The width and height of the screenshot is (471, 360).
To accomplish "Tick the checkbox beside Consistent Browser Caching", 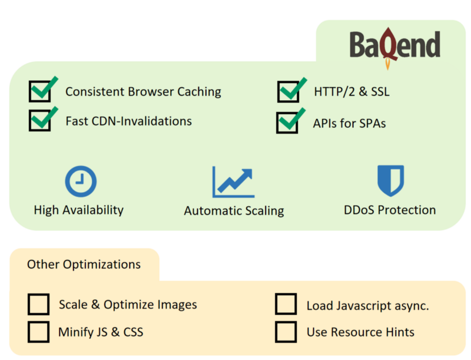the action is click(x=40, y=91).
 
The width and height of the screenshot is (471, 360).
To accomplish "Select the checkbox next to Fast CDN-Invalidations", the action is click(x=39, y=121).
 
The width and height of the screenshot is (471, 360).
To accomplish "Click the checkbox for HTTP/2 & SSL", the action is click(x=288, y=92).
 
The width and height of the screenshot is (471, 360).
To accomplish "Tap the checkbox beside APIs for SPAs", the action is click(x=287, y=123).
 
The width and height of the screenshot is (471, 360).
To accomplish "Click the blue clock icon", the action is click(x=81, y=181).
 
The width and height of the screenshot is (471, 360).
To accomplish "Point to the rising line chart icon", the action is click(x=233, y=182).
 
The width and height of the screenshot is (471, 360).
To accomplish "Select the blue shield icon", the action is click(x=390, y=181).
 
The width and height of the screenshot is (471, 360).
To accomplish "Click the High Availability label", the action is click(x=79, y=210).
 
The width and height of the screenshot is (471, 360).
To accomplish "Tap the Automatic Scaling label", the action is click(x=234, y=211).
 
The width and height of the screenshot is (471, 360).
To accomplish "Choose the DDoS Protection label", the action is click(x=390, y=210).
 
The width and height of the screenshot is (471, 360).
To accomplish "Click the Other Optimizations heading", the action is click(x=84, y=265).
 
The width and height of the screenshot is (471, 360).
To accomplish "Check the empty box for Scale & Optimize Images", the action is click(x=38, y=304).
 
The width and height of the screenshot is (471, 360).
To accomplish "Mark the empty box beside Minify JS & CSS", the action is click(x=38, y=332).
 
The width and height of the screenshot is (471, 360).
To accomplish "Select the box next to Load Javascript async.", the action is click(x=286, y=304).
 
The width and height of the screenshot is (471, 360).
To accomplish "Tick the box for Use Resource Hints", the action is click(x=286, y=332).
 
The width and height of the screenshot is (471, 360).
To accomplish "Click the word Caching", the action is click(x=199, y=92).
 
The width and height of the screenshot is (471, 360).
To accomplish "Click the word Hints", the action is click(x=400, y=332).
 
